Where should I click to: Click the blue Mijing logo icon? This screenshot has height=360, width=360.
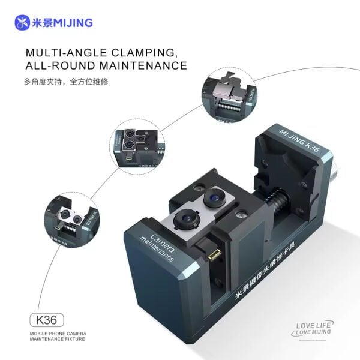(22, 22)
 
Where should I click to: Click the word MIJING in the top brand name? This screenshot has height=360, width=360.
(73, 22)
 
